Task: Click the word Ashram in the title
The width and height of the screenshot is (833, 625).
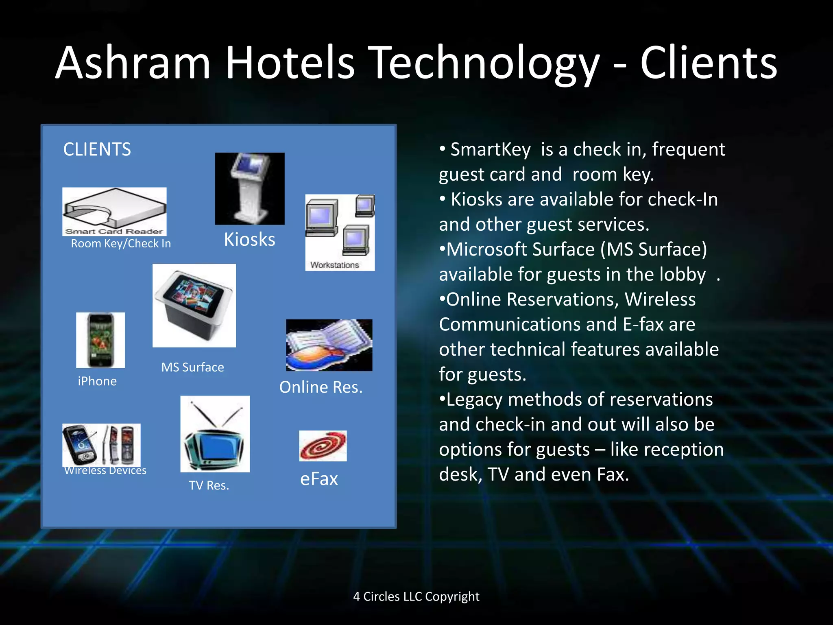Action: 133,63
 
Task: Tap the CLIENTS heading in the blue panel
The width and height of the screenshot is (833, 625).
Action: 97,149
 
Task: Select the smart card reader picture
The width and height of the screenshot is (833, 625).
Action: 114,211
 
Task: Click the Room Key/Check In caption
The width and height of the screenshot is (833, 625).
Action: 121,243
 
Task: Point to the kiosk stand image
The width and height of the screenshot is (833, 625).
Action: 250,188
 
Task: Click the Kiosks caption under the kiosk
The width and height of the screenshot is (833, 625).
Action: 249,239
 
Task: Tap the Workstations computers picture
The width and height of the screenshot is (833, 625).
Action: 340,232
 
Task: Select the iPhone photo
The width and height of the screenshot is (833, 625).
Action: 100,340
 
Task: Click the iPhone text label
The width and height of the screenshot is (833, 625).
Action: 97,381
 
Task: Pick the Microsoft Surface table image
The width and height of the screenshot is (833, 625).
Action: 194,305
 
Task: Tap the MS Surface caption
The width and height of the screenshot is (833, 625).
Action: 192,367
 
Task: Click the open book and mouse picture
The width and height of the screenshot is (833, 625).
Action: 329,345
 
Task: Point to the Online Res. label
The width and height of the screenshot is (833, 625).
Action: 321,387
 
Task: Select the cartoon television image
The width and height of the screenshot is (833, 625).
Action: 215,434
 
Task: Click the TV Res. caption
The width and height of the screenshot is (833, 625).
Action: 209,485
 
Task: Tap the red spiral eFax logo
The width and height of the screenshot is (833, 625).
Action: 323,446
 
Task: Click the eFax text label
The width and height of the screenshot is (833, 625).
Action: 319,479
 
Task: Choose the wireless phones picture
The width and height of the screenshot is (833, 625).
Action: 101,445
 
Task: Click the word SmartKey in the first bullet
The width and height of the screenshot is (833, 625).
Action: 491,149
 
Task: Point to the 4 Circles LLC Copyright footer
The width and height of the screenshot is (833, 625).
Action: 416,597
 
